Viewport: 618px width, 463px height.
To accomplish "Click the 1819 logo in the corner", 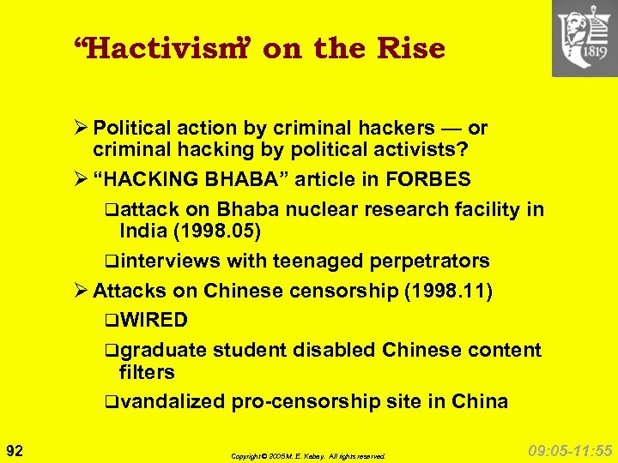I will tap(585, 38).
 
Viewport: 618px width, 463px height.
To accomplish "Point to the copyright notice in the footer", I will tap(308, 456).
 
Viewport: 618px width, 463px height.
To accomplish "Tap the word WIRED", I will tap(154, 321).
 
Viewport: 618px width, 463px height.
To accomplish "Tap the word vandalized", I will tap(171, 401).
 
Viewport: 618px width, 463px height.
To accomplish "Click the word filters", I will tap(147, 372).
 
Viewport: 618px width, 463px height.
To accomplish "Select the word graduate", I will tap(163, 350).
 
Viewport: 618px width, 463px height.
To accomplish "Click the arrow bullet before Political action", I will tap(82, 129).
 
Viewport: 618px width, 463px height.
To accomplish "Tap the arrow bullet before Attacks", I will tap(82, 291).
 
